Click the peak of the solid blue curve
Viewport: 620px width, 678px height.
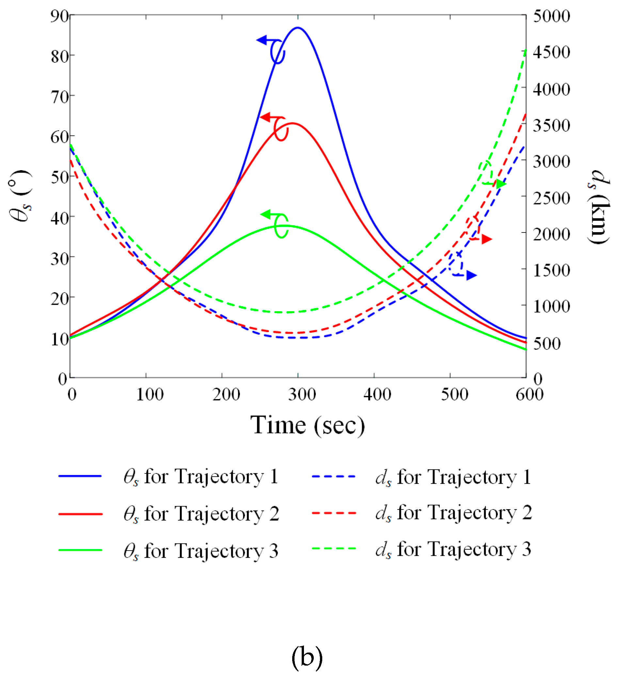298,27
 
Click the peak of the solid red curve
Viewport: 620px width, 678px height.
292,123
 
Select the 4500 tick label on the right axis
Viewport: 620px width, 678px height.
551,52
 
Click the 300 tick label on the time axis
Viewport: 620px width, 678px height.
302,394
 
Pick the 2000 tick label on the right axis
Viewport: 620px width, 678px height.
551,234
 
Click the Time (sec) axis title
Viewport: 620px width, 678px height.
307,426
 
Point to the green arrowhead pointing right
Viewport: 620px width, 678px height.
501,184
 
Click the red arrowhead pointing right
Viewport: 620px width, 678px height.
486,239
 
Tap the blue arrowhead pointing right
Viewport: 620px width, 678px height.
471,275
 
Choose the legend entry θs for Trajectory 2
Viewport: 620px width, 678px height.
201,514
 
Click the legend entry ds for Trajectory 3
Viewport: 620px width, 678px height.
453,550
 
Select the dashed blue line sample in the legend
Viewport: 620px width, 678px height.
334,476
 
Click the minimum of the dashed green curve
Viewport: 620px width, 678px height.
289,313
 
